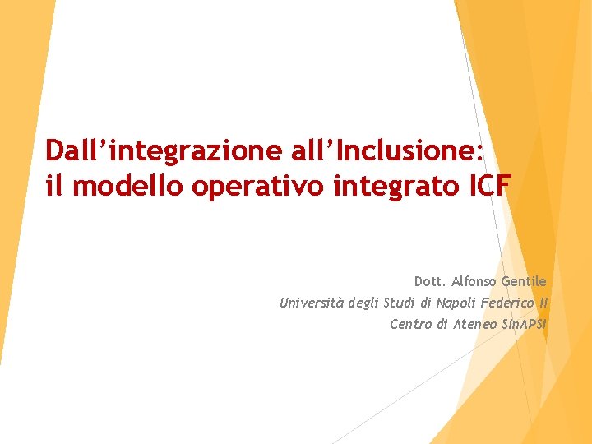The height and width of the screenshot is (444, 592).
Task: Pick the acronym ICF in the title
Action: [490, 187]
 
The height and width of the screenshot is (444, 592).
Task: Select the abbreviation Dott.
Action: [430, 282]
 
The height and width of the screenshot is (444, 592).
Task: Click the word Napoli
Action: [456, 303]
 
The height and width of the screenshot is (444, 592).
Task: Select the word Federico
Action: [511, 303]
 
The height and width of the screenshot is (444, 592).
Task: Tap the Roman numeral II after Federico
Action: [543, 303]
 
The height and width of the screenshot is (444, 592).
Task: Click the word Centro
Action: [410, 325]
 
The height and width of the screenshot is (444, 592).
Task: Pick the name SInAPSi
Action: [525, 325]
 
